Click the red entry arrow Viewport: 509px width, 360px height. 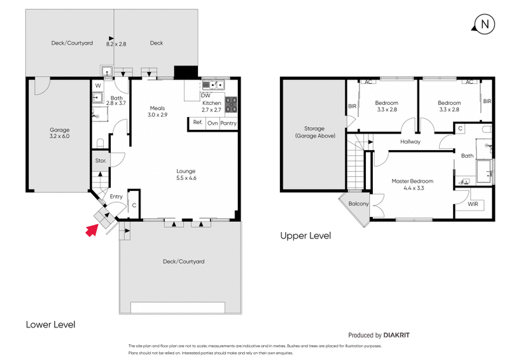[x=91, y=230]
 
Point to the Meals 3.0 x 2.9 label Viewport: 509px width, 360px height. [x=158, y=111]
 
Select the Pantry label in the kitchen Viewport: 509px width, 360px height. [x=228, y=123]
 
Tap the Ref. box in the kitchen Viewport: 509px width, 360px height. [x=197, y=123]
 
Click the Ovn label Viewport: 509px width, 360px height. [x=213, y=123]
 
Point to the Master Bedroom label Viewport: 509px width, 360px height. [x=408, y=184]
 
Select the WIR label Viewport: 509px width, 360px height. [x=471, y=205]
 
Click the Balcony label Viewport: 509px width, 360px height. [x=358, y=204]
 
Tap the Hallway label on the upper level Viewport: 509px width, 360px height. [x=411, y=142]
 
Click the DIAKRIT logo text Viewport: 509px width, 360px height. [x=401, y=335]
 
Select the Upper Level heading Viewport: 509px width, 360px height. [x=305, y=235]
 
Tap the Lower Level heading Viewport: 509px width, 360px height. [x=50, y=324]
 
